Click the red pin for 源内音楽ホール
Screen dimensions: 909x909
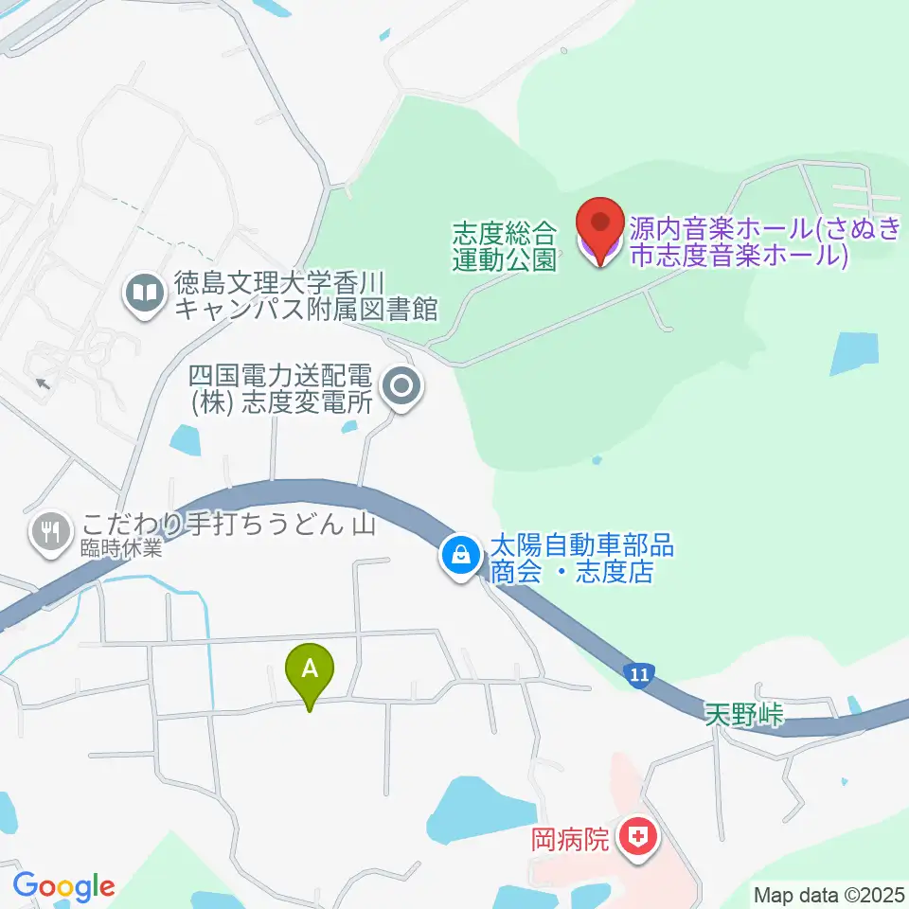[x=599, y=228]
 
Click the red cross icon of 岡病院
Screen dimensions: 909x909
[x=639, y=838]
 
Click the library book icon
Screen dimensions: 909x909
[x=145, y=294]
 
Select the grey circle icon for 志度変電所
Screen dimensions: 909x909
[x=401, y=386]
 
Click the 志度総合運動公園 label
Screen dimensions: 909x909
[x=504, y=246]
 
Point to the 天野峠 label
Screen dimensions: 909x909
[x=745, y=715]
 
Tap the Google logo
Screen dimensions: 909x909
[x=63, y=886]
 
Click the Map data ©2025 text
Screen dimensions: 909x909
[x=829, y=894]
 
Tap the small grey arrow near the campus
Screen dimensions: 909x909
[x=42, y=383]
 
